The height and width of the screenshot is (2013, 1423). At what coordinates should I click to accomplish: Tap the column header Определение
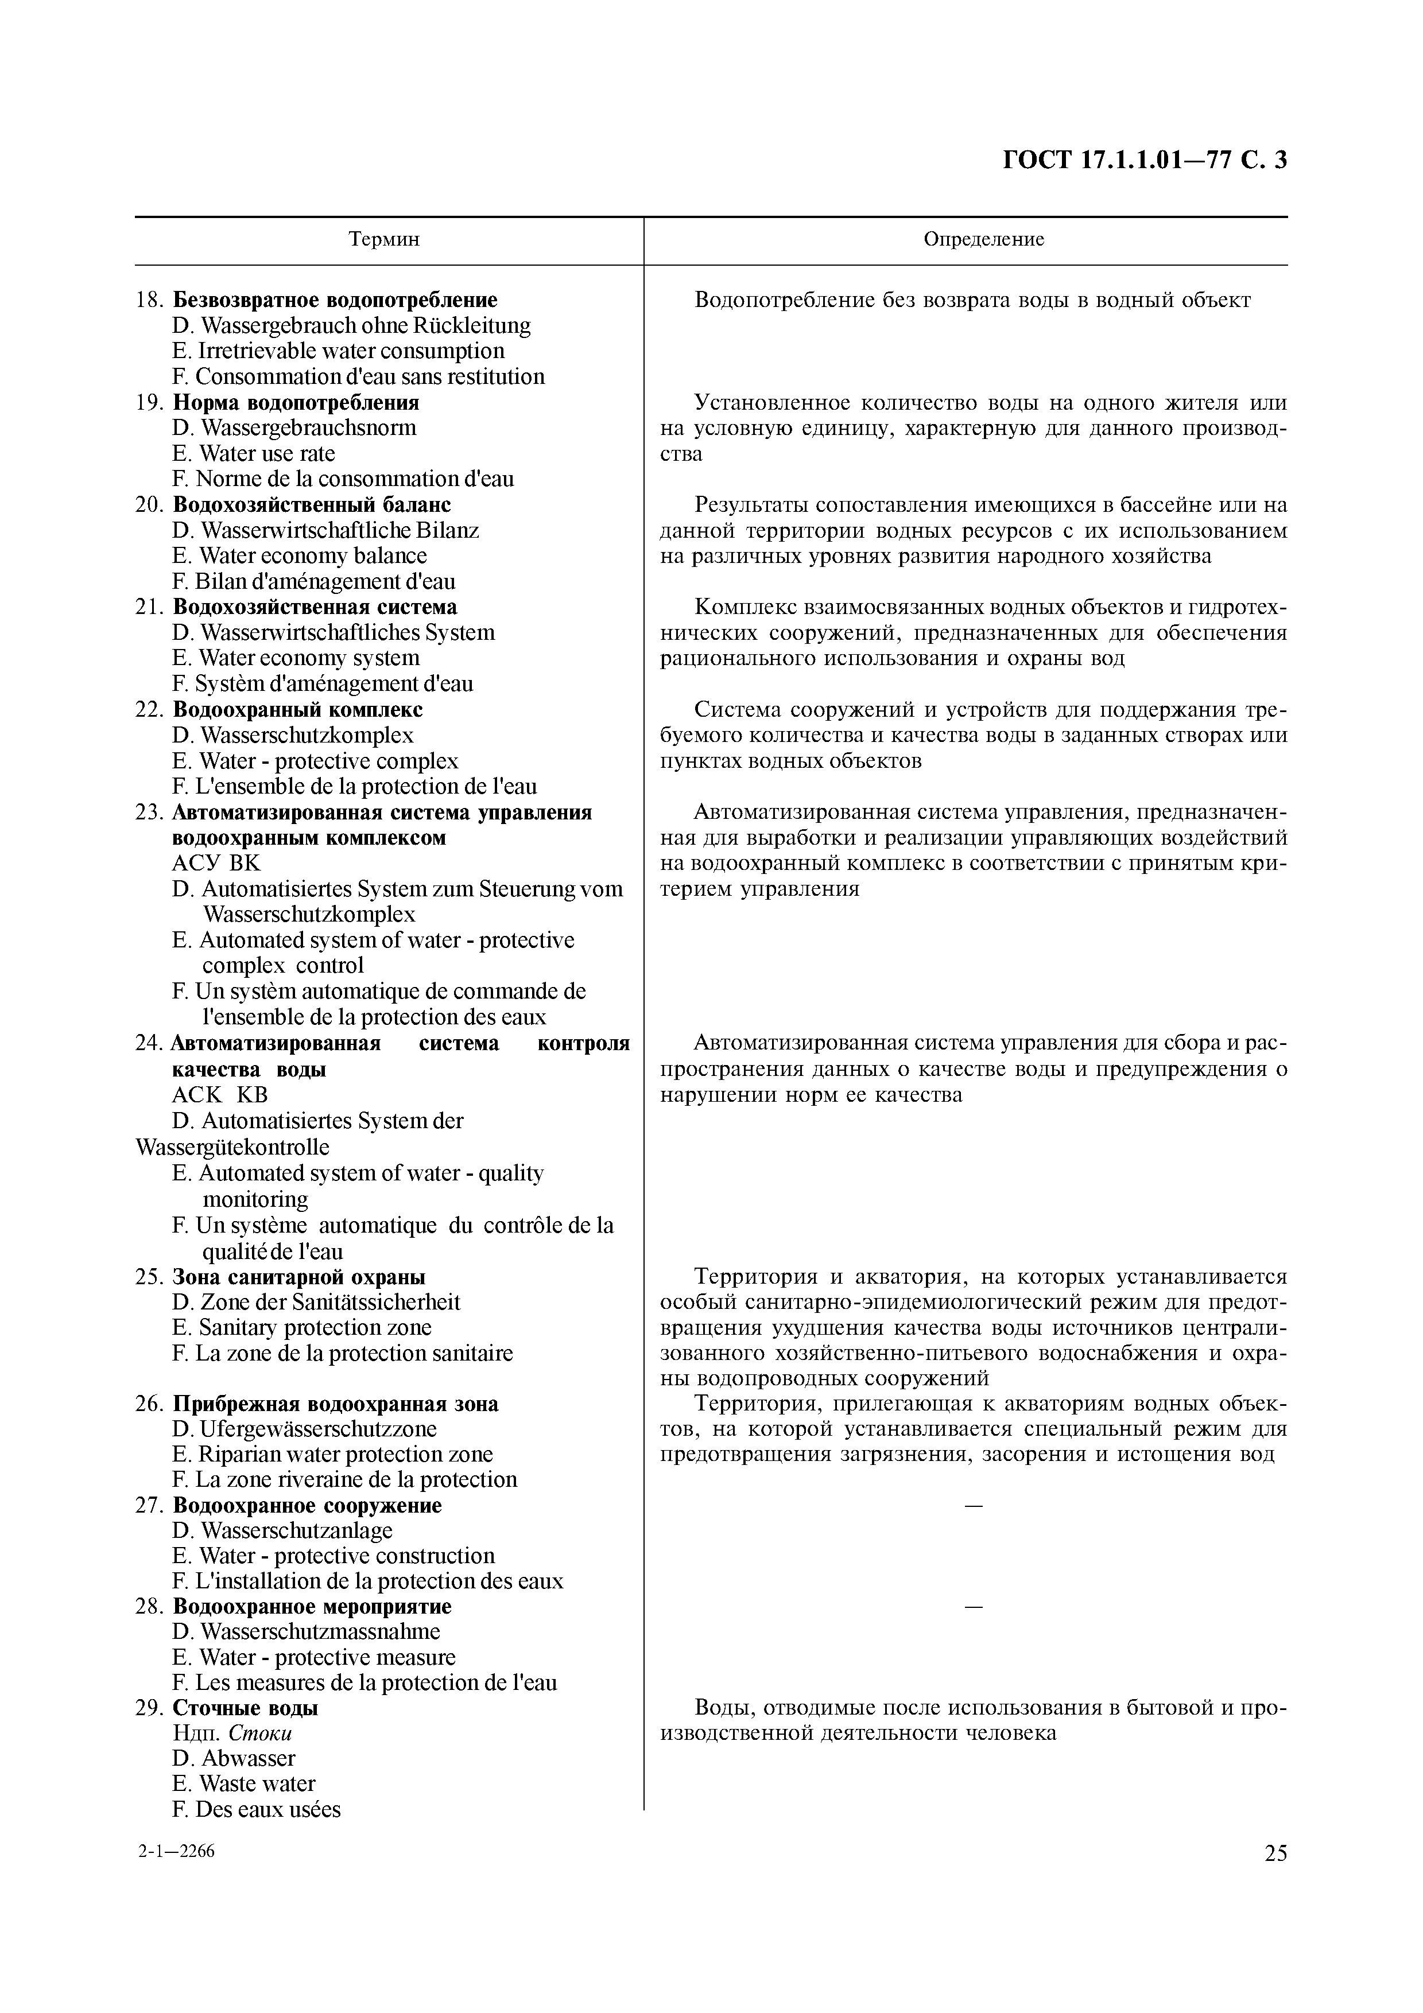pyautogui.click(x=984, y=239)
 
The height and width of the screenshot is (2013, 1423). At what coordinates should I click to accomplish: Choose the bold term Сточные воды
pyautogui.click(x=246, y=1707)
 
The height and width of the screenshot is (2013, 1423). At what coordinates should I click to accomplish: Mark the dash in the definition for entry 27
pyautogui.click(x=973, y=1505)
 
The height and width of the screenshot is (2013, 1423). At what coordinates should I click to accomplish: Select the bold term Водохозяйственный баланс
pyautogui.click(x=312, y=505)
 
